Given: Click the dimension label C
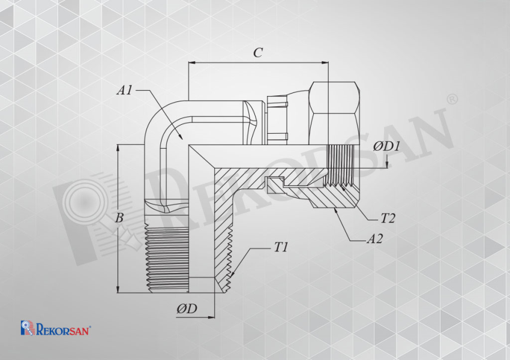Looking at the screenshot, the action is click(258, 53).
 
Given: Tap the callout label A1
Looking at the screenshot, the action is click(125, 90).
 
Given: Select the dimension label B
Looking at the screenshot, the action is click(119, 218).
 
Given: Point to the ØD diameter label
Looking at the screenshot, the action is click(187, 308).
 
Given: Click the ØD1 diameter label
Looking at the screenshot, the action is click(386, 146).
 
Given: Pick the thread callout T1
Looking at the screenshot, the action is click(281, 247).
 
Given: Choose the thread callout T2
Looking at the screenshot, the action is click(388, 218).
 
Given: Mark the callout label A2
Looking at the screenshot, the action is click(374, 239).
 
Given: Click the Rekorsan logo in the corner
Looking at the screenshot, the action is click(56, 328).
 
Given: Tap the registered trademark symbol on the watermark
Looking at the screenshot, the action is click(453, 99).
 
